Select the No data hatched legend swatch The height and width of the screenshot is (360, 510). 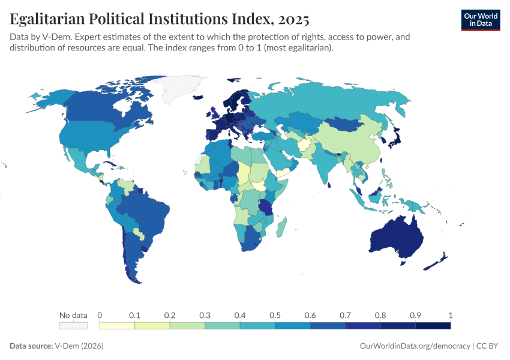click(x=73, y=325)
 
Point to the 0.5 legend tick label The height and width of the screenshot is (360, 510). click(x=275, y=315)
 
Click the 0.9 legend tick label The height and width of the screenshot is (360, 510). click(x=415, y=315)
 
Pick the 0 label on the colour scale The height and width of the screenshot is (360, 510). click(x=100, y=315)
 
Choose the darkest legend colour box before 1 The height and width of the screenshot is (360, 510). click(x=433, y=325)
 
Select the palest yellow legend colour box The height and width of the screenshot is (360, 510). click(x=117, y=325)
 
